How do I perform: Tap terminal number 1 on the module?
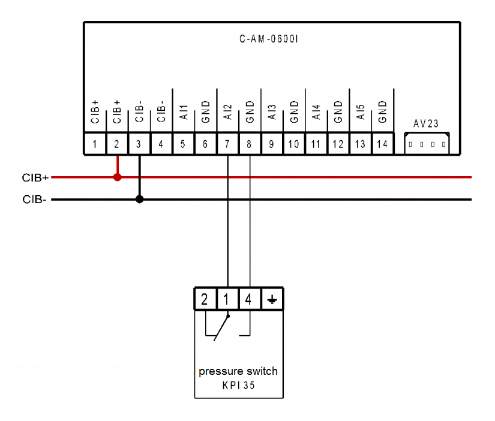(x=95, y=144)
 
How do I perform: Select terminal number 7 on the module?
(x=227, y=144)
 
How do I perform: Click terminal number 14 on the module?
(x=382, y=144)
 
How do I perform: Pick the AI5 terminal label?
(x=361, y=112)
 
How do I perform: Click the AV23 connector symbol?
(x=427, y=144)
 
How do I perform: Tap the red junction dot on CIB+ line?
(x=118, y=177)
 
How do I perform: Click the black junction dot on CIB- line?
(x=140, y=199)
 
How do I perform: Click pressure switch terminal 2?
(x=205, y=299)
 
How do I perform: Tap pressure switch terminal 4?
(x=249, y=299)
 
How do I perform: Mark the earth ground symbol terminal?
(x=272, y=299)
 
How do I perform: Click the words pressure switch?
(x=238, y=371)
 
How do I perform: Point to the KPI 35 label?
(x=238, y=386)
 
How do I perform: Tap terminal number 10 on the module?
(x=294, y=144)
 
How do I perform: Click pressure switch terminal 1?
(x=227, y=299)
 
